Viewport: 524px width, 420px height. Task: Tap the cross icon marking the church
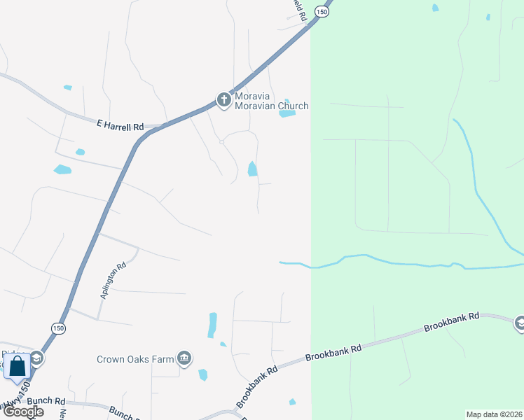point(224,100)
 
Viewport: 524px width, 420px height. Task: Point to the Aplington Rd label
point(113,280)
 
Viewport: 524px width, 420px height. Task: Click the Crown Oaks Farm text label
point(135,360)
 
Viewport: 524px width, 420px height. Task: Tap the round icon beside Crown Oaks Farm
point(184,359)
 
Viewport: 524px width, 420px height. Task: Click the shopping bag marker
point(17,366)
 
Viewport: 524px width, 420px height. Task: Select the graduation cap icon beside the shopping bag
point(37,359)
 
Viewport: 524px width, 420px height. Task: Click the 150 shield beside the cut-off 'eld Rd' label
point(322,11)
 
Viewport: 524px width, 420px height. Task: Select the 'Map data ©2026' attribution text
point(494,414)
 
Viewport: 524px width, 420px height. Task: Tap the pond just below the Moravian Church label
point(287,113)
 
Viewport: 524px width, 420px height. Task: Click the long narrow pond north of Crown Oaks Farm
point(212,325)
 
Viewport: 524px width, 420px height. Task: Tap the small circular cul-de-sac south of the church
point(221,141)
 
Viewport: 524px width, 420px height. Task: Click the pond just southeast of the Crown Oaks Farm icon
point(203,375)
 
